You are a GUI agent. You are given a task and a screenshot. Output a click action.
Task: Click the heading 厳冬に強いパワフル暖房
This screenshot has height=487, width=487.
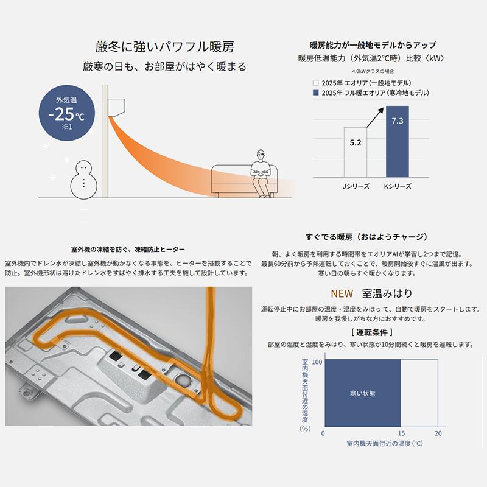[x=164, y=47]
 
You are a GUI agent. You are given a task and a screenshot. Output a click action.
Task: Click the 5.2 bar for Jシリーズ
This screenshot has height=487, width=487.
[x=356, y=152]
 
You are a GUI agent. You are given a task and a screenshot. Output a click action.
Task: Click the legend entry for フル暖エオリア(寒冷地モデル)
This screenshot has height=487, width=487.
[x=371, y=93]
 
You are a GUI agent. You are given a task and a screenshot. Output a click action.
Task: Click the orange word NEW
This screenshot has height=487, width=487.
[x=342, y=293]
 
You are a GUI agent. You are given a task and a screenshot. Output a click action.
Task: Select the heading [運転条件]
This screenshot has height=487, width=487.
[x=371, y=332]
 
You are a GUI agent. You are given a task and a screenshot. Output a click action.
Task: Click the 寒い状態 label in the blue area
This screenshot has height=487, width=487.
[x=363, y=393]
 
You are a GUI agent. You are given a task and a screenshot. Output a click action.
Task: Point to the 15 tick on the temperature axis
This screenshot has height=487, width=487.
[x=401, y=433]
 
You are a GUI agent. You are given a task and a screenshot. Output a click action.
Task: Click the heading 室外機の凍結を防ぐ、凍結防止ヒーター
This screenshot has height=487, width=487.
[x=128, y=250]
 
